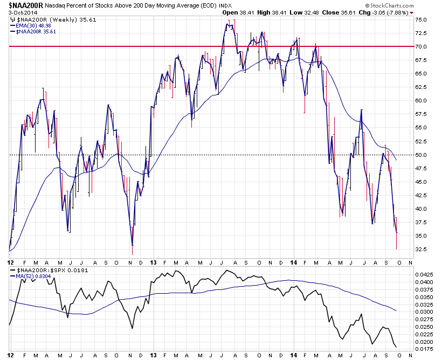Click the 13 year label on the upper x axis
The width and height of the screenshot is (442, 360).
pos(153,263)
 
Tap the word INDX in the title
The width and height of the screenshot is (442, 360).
pos(225,5)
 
